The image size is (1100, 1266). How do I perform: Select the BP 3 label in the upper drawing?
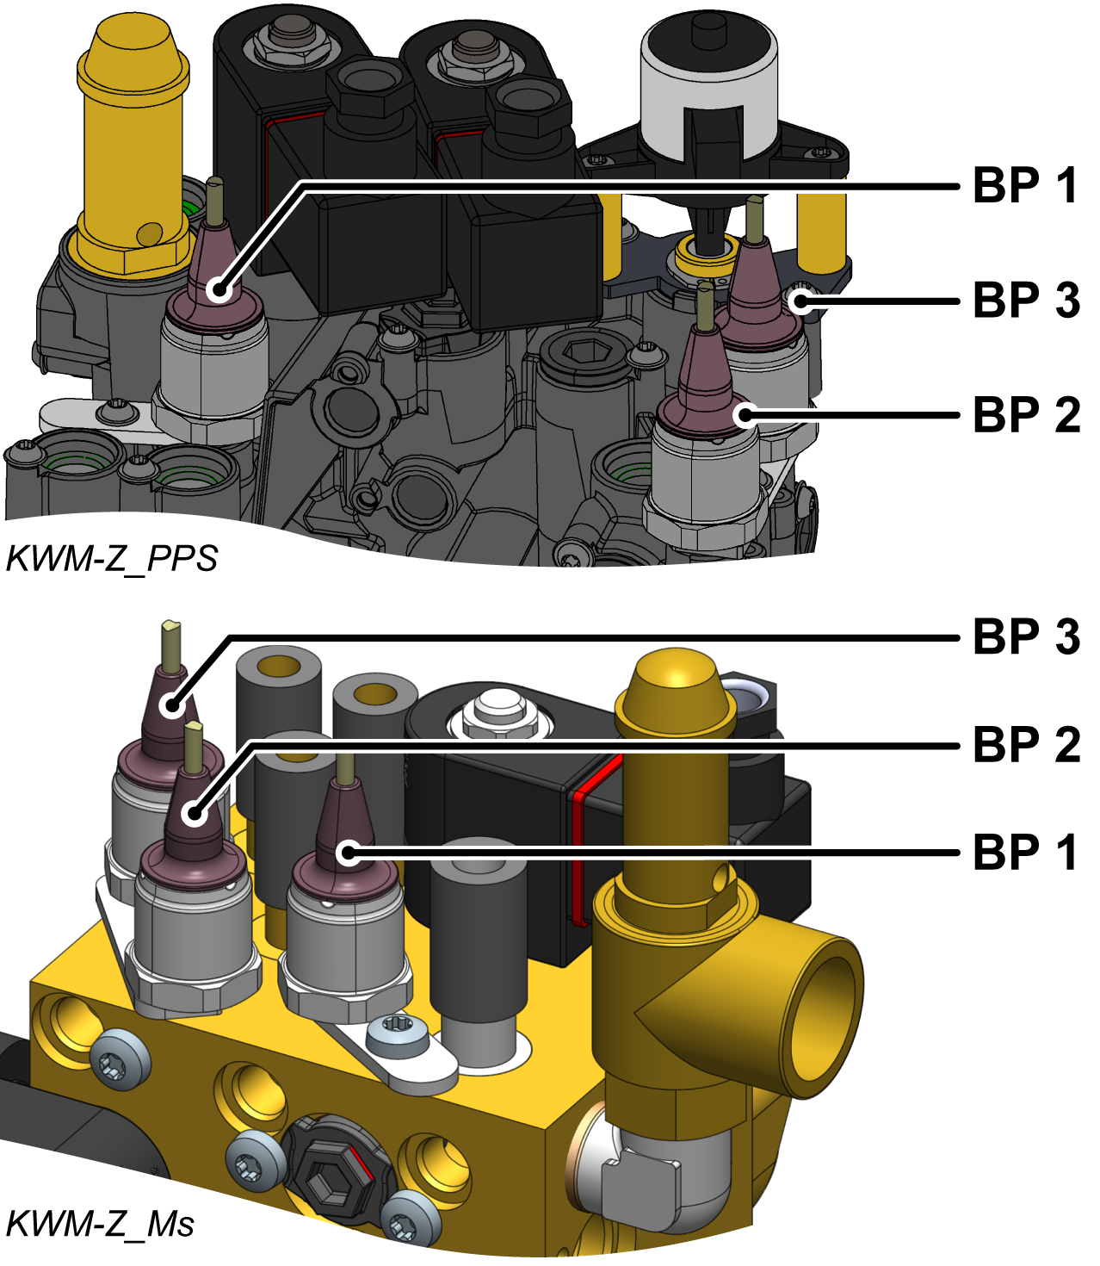[1026, 301]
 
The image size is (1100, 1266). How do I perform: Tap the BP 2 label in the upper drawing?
[1026, 415]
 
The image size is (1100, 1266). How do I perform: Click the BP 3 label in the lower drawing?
[1026, 637]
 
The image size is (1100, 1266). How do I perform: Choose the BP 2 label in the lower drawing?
[1026, 745]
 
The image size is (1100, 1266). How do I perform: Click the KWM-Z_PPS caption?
[111, 559]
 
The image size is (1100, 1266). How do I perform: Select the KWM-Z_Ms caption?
[100, 1224]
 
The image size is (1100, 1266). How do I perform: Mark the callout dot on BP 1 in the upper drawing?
[221, 290]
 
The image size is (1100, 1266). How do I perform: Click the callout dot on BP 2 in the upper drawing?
[745, 415]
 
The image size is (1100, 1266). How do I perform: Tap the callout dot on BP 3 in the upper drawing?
[800, 301]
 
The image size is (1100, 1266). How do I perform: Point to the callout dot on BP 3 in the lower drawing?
[173, 706]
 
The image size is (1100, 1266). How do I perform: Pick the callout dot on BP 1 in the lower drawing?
[348, 853]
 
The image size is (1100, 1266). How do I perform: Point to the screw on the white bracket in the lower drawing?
[397, 1032]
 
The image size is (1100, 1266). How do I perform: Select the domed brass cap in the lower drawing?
[676, 685]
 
